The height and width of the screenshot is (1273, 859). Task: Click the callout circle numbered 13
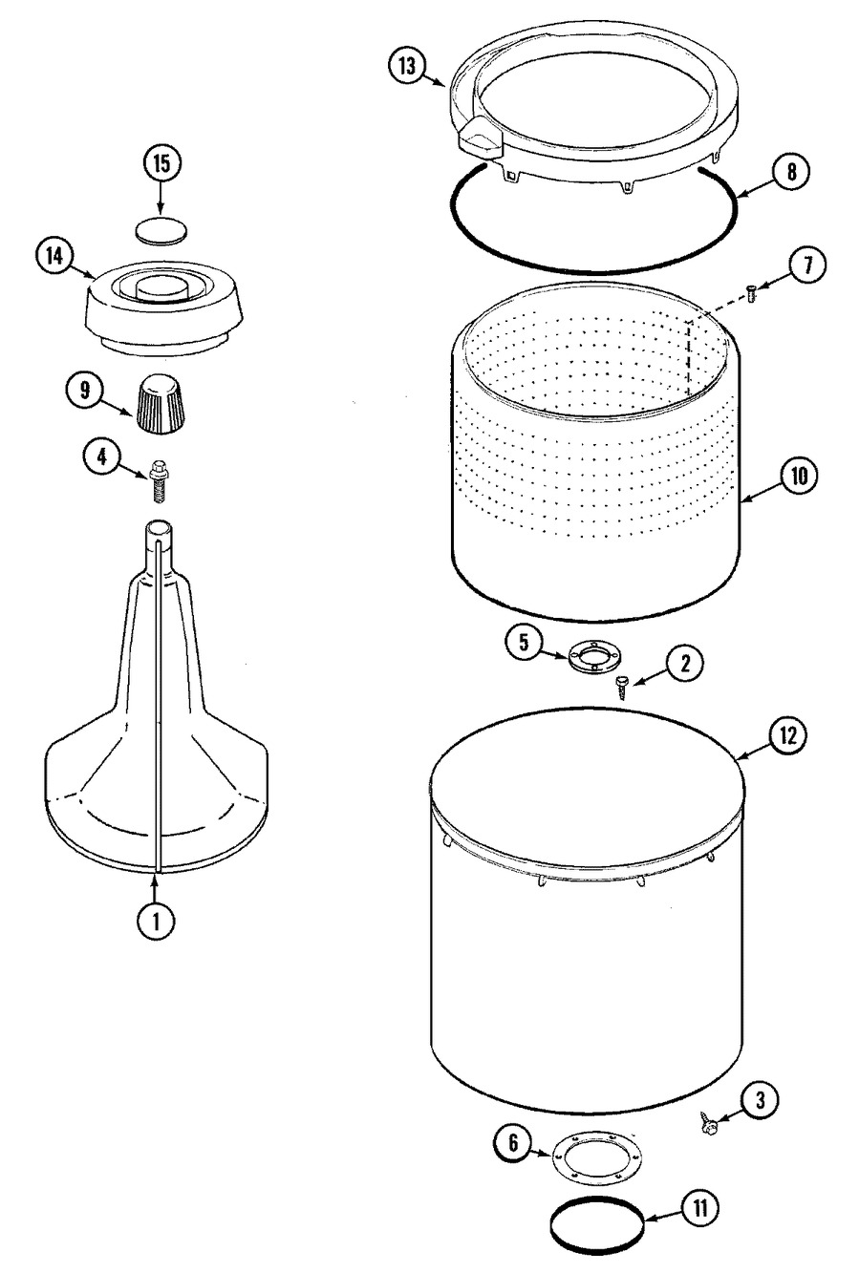(x=408, y=67)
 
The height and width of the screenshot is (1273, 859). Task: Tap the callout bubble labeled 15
(x=161, y=163)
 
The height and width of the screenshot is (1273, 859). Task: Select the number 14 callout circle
(x=54, y=256)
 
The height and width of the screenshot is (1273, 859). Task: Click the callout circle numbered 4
(x=101, y=456)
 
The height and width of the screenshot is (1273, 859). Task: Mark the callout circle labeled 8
(x=792, y=172)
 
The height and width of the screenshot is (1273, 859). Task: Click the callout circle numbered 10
(x=799, y=477)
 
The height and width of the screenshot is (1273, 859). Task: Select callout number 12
(x=788, y=736)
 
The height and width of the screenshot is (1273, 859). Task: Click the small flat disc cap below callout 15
(x=161, y=231)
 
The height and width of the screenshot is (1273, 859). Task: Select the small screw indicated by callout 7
(x=752, y=294)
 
